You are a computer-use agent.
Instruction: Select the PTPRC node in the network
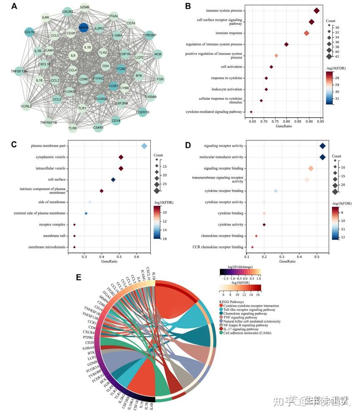pos(98,78)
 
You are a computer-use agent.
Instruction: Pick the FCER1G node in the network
pos(143,112)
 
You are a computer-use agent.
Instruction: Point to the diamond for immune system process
pos(316,10)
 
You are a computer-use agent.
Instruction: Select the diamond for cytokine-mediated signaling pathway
pos(251,112)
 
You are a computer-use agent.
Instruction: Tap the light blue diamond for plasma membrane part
pos(144,146)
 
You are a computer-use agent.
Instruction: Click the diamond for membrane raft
pos(74,236)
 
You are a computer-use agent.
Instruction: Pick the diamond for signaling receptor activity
pos(322,146)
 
